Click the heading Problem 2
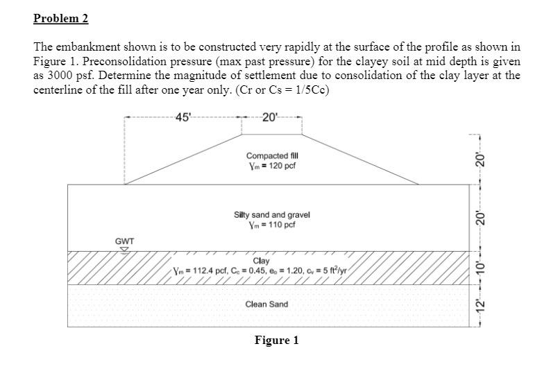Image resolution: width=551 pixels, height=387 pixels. (61, 19)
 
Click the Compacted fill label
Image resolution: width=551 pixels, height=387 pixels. (271, 157)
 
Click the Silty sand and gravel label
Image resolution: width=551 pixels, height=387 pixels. (272, 215)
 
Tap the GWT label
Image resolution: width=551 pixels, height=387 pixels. (124, 241)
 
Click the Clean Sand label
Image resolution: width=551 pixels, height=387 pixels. (266, 304)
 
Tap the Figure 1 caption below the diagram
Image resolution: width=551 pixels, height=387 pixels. (276, 341)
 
